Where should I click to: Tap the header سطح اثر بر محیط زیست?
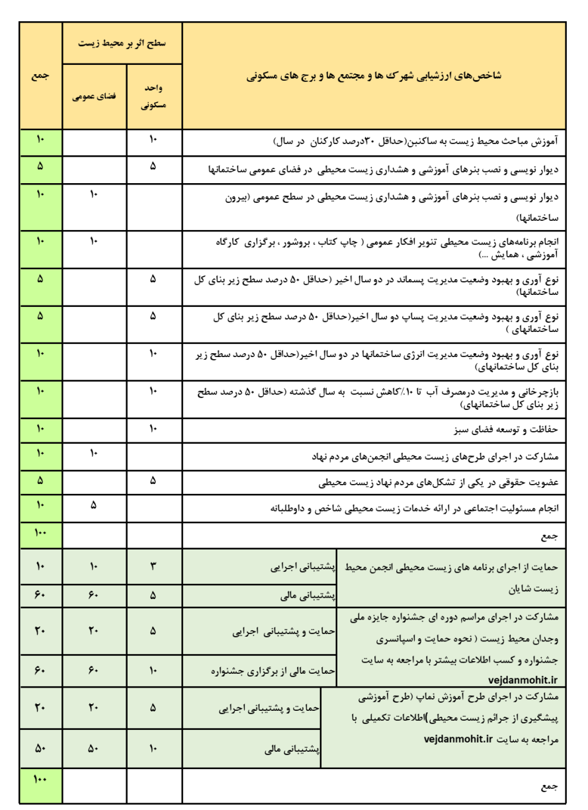(122, 43)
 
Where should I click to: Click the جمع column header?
(40, 75)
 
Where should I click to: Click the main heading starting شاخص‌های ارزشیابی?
(374, 75)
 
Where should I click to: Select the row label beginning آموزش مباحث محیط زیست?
(416, 141)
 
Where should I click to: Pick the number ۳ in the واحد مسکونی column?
(153, 565)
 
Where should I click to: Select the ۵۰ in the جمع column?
(40, 749)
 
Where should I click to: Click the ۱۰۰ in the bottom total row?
(40, 780)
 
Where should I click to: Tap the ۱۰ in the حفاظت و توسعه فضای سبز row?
(153, 428)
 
